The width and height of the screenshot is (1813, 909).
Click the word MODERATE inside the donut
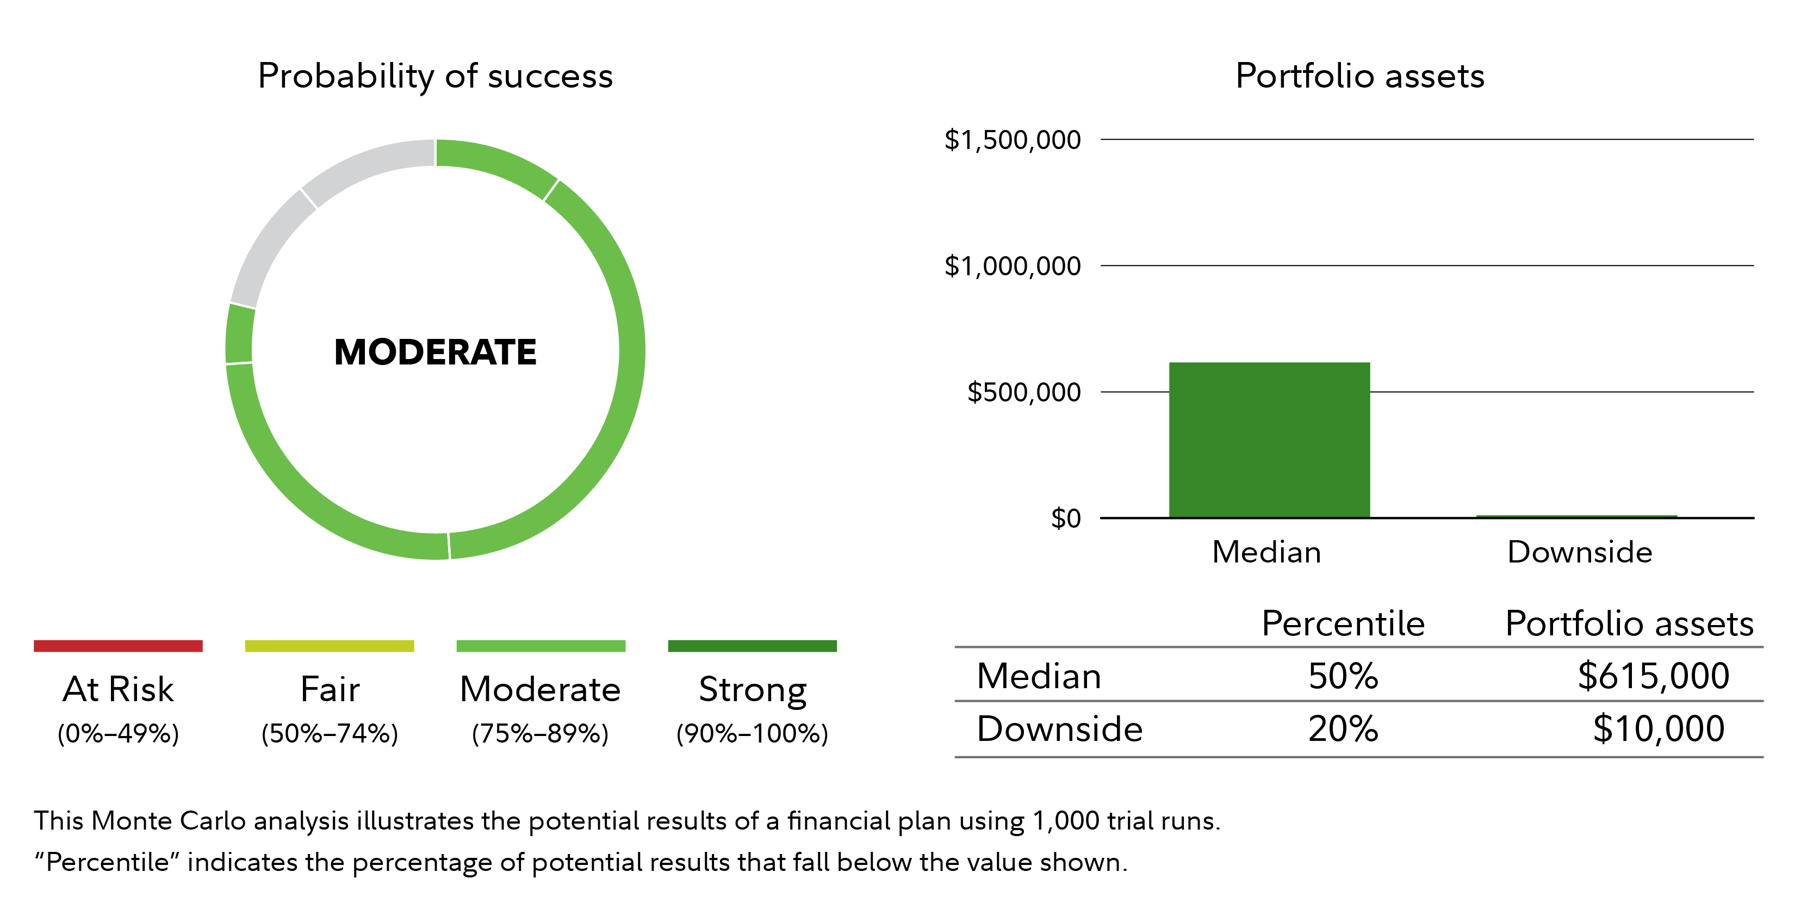point(435,352)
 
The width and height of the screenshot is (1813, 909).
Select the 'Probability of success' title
point(435,76)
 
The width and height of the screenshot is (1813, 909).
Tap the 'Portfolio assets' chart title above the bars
point(1359,76)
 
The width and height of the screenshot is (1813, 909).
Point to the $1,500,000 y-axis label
point(1012,140)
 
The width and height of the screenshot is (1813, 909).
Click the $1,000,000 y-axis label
point(1012,266)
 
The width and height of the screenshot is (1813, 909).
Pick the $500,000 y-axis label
point(1023,392)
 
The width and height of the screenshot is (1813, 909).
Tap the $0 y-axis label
point(1066,518)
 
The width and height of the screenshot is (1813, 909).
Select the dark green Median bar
point(1269,440)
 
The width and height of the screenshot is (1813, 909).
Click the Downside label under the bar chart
point(1579,552)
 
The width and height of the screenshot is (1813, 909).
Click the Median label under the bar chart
point(1266,552)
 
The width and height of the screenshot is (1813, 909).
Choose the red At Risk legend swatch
point(118,646)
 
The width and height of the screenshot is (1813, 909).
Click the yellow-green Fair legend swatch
point(330,646)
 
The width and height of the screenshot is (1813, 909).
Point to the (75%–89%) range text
point(540,734)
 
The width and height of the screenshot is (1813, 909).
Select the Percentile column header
point(1343,624)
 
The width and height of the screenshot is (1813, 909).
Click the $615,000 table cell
point(1653,676)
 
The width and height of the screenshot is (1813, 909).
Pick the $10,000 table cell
point(1658,729)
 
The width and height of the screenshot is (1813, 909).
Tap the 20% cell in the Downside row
point(1343,729)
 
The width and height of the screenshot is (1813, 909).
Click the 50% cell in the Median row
point(1343,676)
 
